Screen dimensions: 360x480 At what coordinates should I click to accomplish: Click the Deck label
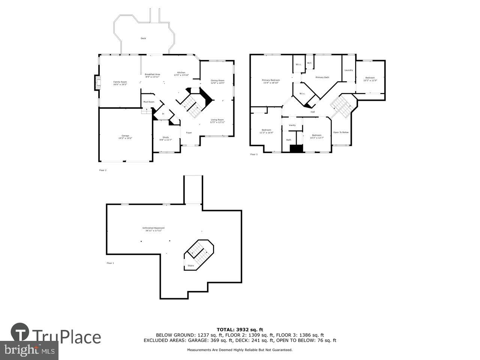pyautogui.click(x=143, y=38)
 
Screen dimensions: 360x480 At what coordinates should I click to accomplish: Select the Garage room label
pyautogui.click(x=125, y=136)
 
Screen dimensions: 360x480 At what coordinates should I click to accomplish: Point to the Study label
pyautogui.click(x=166, y=137)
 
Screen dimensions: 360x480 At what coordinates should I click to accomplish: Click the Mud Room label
pyautogui.click(x=148, y=102)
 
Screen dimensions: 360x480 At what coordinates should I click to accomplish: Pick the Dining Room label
pyautogui.click(x=217, y=80)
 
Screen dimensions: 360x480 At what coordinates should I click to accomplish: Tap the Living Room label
pyautogui.click(x=217, y=120)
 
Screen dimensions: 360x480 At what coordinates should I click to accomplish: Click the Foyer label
pyautogui.click(x=189, y=132)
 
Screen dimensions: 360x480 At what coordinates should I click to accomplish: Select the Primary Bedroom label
pyautogui.click(x=271, y=80)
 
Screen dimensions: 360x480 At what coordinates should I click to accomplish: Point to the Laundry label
pyautogui.click(x=348, y=70)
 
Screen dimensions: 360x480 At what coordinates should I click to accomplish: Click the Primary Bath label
pyautogui.click(x=322, y=77)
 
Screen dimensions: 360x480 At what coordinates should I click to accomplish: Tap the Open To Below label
pyautogui.click(x=341, y=132)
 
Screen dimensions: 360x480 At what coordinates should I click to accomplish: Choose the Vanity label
pyautogui.click(x=292, y=125)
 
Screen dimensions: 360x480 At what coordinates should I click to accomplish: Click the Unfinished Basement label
pyautogui.click(x=153, y=228)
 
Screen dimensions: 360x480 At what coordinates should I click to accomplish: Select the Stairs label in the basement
pyautogui.click(x=191, y=266)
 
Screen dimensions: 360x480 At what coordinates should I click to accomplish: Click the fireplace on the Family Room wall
pyautogui.click(x=97, y=83)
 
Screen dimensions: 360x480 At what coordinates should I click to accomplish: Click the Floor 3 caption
pyautogui.click(x=254, y=154)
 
